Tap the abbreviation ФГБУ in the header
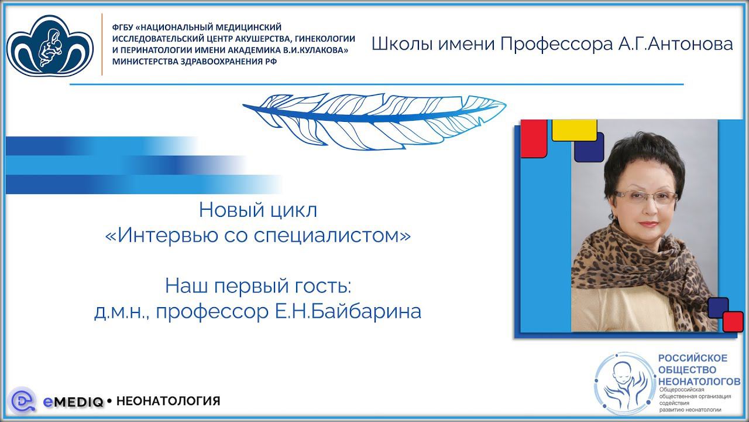122,28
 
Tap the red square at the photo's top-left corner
533,138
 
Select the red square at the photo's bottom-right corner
733,321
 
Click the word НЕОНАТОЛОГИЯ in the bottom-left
169,401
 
